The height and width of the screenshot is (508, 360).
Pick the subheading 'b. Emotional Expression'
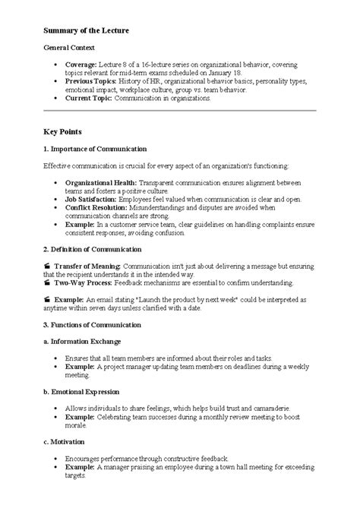[81, 392]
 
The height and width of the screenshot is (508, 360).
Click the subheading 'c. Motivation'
[64, 441]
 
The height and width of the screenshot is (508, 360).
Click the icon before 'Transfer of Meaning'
[47, 267]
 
